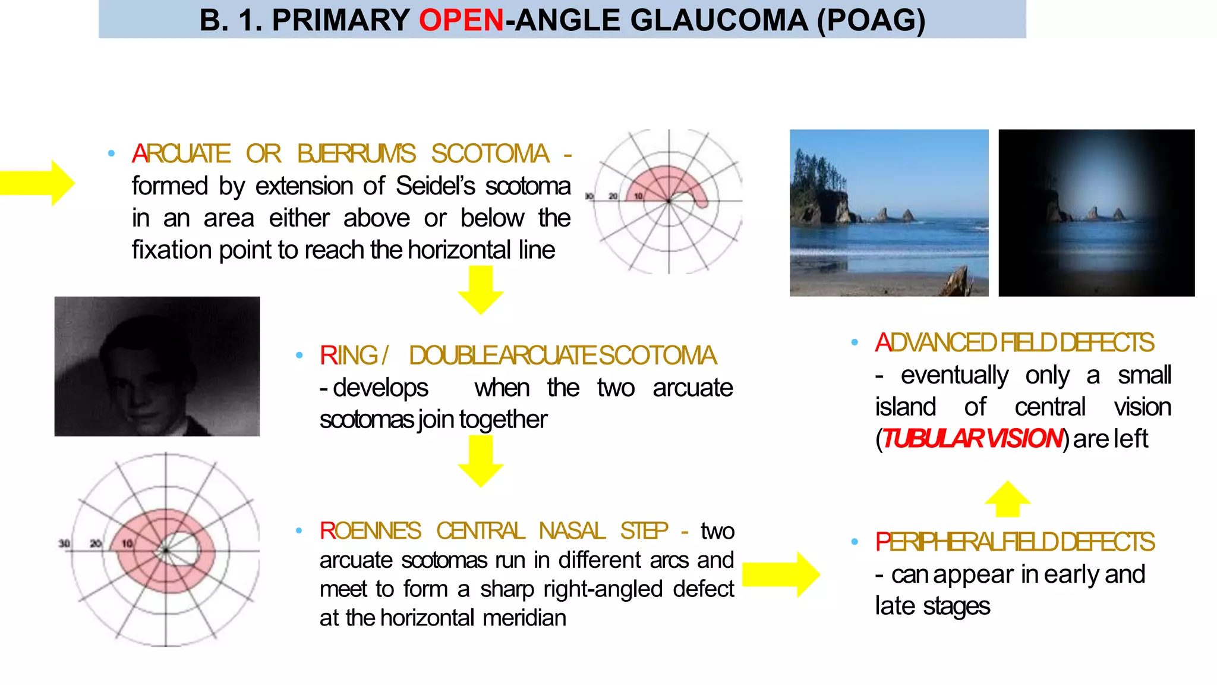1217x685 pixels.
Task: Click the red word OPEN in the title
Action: coord(461,20)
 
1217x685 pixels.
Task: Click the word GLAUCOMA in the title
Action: coord(718,20)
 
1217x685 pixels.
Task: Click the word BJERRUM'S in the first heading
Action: coord(356,154)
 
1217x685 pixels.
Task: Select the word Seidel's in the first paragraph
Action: coord(435,186)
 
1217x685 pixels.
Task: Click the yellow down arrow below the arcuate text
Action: coord(480,290)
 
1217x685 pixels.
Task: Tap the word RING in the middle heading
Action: coord(348,356)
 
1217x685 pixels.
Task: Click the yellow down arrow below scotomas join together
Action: coord(480,461)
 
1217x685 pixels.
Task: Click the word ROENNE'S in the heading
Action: coord(370,530)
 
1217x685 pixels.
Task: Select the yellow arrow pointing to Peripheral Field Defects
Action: coord(781,574)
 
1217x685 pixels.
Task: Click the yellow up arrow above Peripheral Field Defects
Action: coord(1007,499)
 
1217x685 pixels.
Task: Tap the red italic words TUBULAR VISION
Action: coord(972,439)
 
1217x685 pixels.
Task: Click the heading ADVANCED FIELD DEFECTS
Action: coord(1014,343)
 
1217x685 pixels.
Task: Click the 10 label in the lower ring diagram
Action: coord(127,543)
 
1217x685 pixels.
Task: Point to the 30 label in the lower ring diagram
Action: coord(64,543)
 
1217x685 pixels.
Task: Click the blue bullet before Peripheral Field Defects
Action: coord(855,542)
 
